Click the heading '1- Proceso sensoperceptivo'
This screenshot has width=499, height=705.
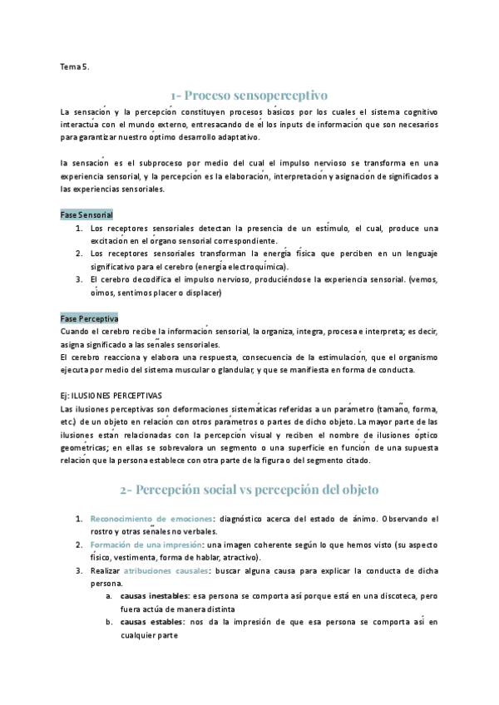pyautogui.click(x=249, y=94)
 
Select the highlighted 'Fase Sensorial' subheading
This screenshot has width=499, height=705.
pyautogui.click(x=87, y=214)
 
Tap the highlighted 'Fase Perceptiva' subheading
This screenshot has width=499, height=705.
pyautogui.click(x=90, y=318)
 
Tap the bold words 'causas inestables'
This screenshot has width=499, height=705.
pyautogui.click(x=154, y=596)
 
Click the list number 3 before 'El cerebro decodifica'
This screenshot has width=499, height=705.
pyautogui.click(x=79, y=280)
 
